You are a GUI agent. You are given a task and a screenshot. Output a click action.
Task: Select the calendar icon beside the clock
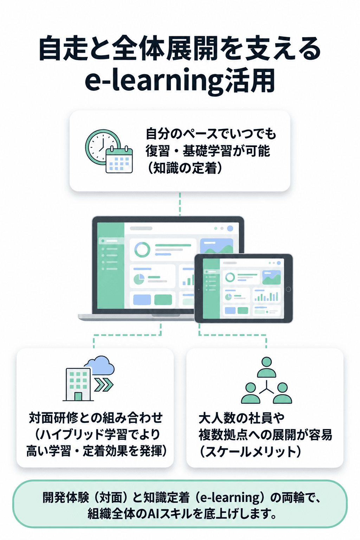119,159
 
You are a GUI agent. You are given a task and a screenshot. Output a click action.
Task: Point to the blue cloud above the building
99,365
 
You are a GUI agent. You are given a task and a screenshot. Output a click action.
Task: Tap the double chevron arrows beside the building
104,385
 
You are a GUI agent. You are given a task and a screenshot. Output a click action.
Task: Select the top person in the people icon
266,367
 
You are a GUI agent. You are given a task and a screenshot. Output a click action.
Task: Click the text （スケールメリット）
250,451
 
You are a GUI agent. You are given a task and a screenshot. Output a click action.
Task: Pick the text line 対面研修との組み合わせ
96,418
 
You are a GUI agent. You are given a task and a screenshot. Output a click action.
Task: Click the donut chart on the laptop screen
142,250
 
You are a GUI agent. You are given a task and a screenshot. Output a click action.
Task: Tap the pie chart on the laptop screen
139,279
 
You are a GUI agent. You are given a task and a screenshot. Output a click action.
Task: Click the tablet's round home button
288,289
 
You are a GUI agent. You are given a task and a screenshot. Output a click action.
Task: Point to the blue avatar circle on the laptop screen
230,228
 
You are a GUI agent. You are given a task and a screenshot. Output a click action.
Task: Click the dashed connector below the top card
180,204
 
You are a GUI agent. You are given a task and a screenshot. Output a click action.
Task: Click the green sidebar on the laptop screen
110,265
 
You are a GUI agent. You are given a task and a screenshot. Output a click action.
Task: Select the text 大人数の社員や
242,418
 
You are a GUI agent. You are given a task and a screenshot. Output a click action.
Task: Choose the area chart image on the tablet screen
271,277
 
